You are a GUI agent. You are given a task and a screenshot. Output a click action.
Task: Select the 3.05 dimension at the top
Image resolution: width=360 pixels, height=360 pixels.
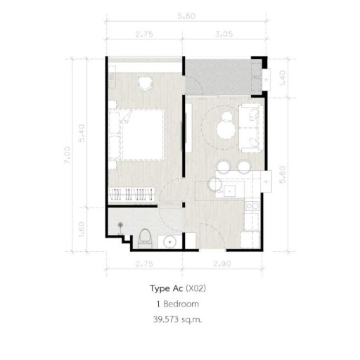pyautogui.click(x=225, y=33)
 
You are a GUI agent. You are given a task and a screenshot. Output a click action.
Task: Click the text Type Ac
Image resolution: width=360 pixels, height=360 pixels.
pyautogui.click(x=165, y=288)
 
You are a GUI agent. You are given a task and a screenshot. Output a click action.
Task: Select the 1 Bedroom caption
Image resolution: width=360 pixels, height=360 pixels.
pyautogui.click(x=179, y=304)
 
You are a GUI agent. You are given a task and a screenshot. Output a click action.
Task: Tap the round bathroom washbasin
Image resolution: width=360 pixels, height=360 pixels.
pyautogui.click(x=169, y=242)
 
